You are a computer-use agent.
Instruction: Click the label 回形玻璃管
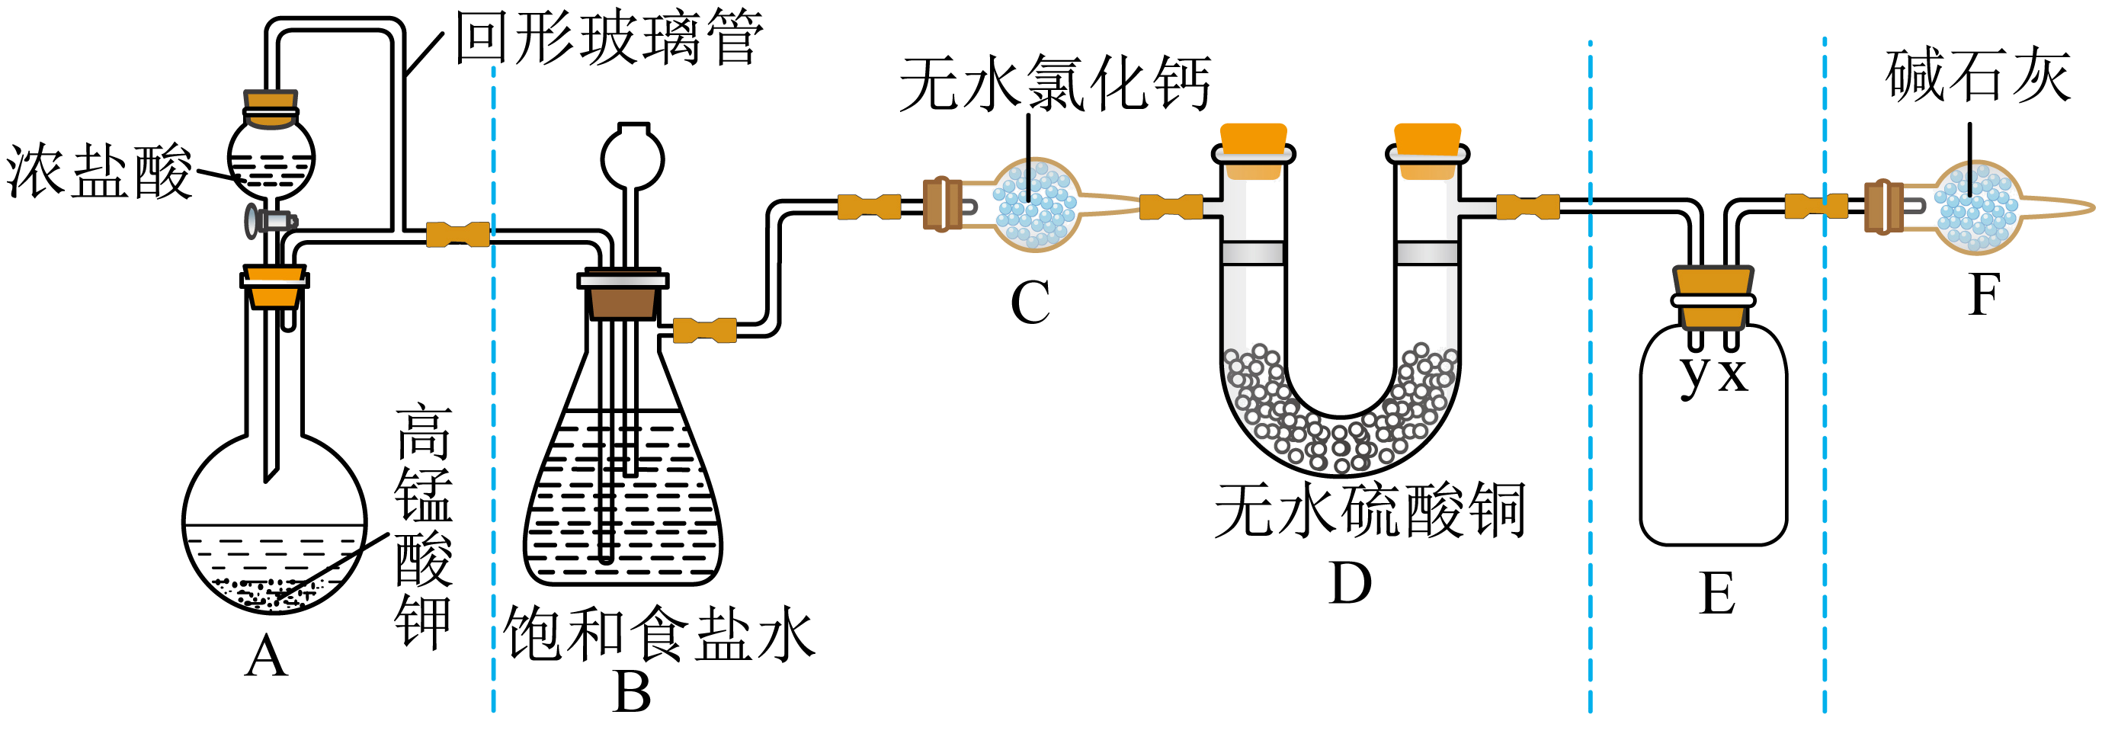pyautogui.click(x=608, y=37)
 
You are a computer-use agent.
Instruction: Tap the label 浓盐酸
pyautogui.click(x=99, y=171)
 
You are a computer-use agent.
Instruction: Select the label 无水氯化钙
pyautogui.click(x=1054, y=83)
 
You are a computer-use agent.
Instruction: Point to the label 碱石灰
pyautogui.click(x=1978, y=75)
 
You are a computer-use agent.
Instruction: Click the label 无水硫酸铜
pyautogui.click(x=1370, y=510)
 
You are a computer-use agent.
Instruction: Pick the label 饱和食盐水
pyautogui.click(x=659, y=633)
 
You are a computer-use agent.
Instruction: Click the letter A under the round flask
pyautogui.click(x=266, y=656)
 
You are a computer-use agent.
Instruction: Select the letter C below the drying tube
pyautogui.click(x=1030, y=303)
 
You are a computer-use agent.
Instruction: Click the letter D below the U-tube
pyautogui.click(x=1351, y=584)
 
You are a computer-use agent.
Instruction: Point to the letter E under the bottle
pyautogui.click(x=1717, y=594)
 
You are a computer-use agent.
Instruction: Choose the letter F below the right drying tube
pyautogui.click(x=1984, y=295)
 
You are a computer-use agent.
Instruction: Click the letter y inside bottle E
pyautogui.click(x=1694, y=377)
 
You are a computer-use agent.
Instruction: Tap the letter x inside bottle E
pyautogui.click(x=1733, y=377)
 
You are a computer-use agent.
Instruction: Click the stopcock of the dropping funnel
pyautogui.click(x=272, y=220)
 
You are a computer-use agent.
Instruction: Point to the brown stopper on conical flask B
pyautogui.click(x=623, y=296)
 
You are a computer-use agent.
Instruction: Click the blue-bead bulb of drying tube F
pyautogui.click(x=1977, y=208)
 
